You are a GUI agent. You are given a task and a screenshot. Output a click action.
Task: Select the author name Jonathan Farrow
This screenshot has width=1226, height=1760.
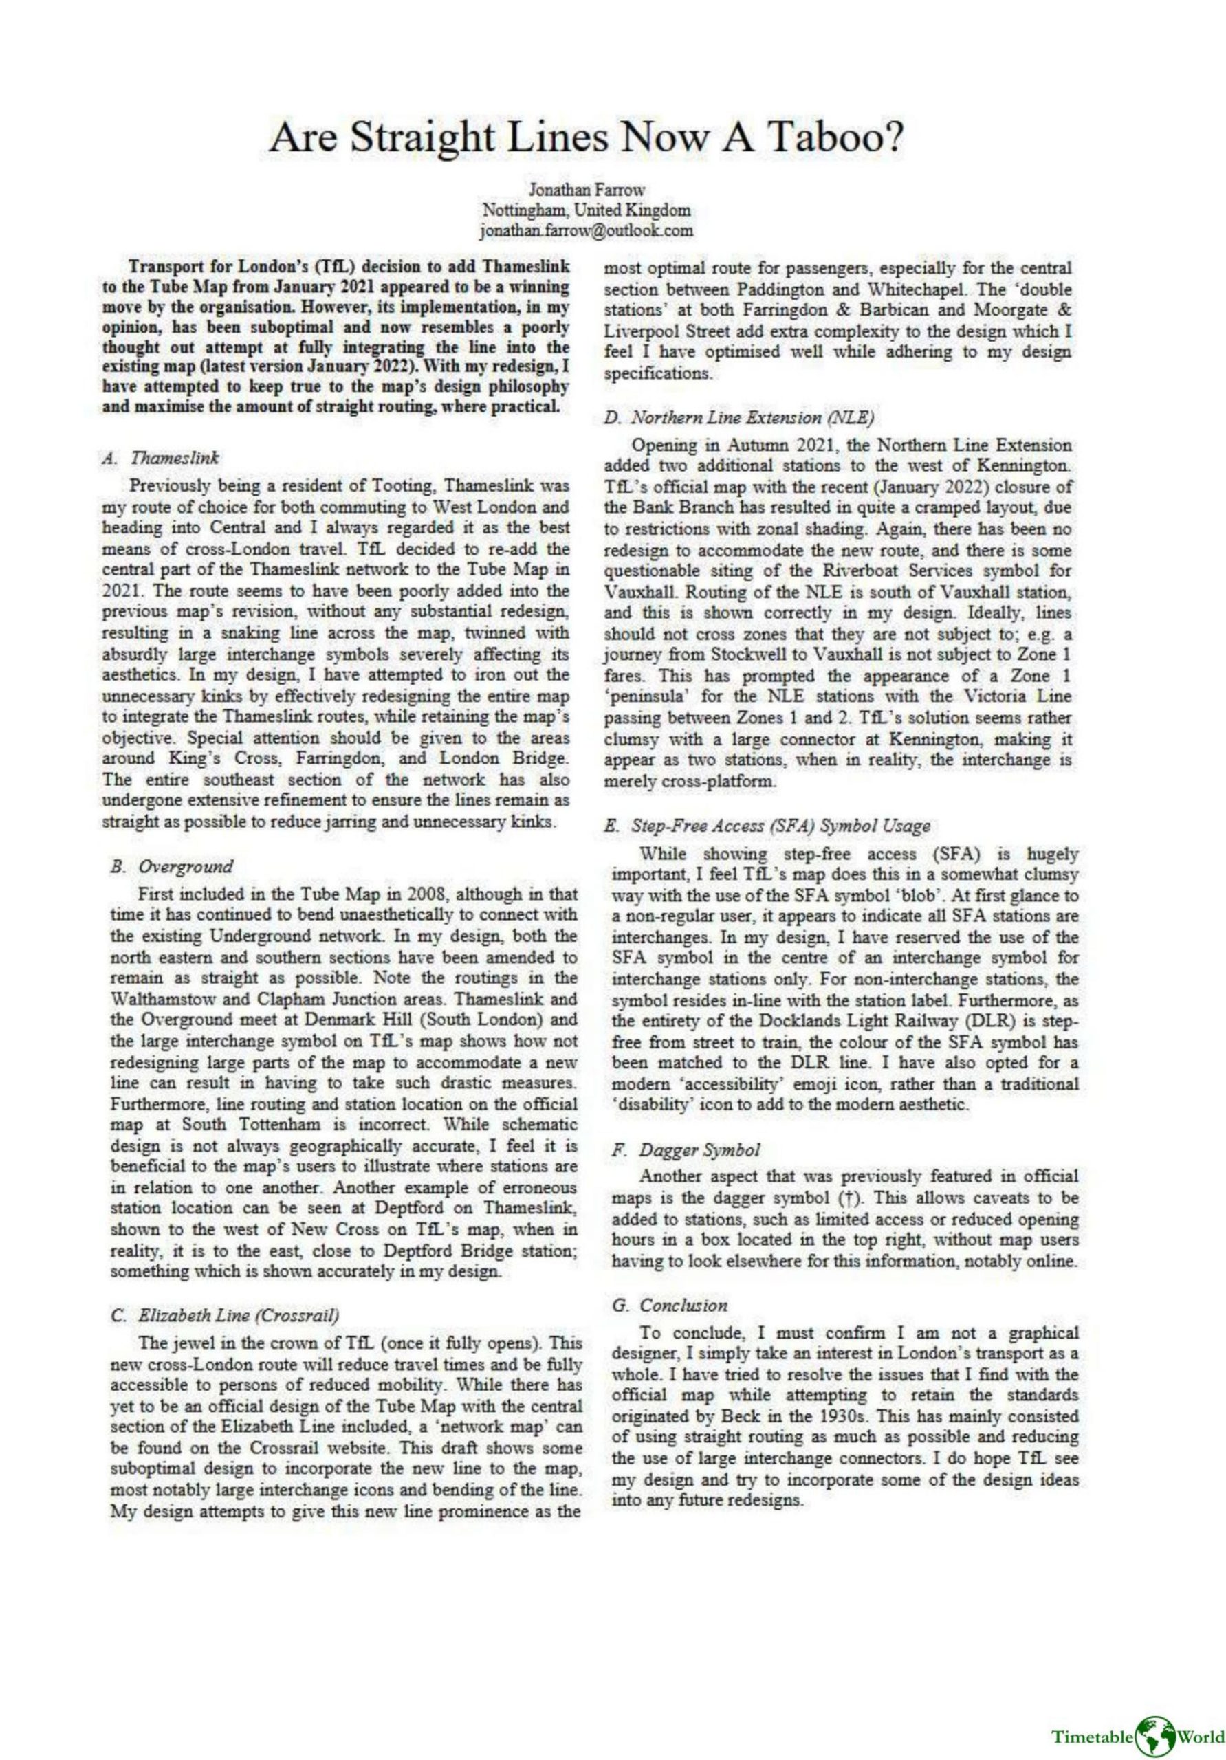click(587, 188)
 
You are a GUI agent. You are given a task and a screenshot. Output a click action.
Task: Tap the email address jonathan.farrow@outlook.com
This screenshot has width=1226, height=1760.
click(587, 229)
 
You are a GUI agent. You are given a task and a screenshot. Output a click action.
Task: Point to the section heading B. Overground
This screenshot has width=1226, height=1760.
click(171, 867)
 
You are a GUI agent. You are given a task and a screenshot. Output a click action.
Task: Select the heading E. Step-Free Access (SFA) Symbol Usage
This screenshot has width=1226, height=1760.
click(769, 826)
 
